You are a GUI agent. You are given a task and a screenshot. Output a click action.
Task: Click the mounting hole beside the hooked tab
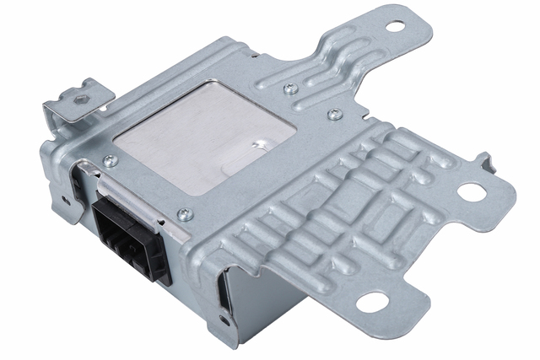(x=473, y=192)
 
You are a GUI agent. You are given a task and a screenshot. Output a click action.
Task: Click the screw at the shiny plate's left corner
(x=108, y=160)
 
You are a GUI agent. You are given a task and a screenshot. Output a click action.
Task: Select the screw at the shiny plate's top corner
(x=289, y=87)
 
